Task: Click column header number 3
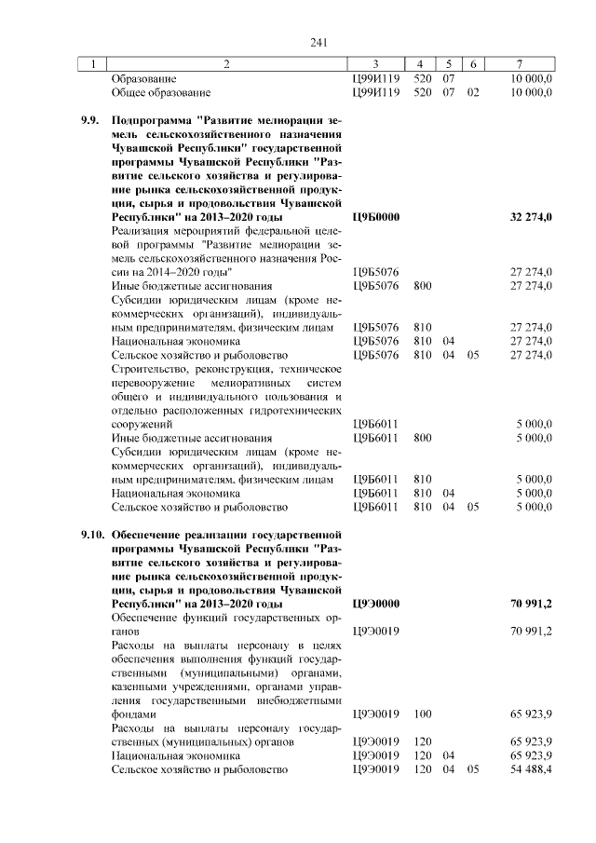tap(375, 64)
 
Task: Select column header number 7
tap(519, 64)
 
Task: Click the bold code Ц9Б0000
tap(376, 217)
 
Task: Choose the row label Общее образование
tap(161, 93)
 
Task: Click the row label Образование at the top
tap(144, 79)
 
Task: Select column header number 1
tap(93, 64)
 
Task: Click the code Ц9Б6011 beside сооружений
tap(376, 424)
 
